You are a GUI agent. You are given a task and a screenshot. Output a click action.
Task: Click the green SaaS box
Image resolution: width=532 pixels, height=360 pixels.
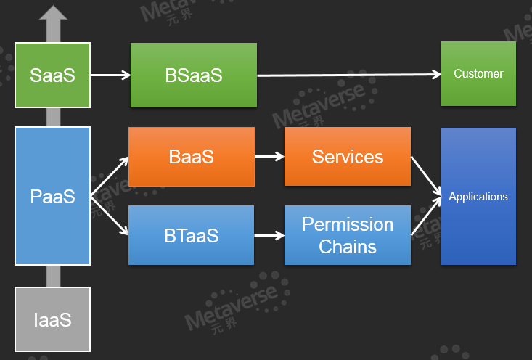52,75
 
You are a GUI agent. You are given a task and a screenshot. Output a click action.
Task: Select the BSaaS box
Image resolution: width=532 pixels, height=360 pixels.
194,75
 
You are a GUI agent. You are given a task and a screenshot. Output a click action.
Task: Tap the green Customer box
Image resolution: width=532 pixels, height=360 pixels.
478,73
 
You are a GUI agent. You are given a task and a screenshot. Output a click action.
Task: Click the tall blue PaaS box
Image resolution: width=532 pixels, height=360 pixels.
52,196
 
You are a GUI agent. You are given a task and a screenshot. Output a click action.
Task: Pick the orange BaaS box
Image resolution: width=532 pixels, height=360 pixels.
192,157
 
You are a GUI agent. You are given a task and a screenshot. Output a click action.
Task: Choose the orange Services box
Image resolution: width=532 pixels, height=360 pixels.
348,157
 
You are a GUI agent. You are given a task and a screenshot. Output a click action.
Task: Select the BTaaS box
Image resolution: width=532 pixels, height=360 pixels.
192,235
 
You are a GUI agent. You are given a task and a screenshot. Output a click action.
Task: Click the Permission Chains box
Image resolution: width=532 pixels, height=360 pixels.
348,235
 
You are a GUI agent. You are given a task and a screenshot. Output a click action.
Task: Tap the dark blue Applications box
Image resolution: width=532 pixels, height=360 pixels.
478,196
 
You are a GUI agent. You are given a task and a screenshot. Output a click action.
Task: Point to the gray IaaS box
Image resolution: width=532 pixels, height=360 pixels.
52,319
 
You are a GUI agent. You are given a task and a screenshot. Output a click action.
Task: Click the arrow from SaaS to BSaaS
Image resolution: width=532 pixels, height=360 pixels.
110,75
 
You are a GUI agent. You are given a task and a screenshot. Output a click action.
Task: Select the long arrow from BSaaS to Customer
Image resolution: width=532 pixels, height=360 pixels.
349,75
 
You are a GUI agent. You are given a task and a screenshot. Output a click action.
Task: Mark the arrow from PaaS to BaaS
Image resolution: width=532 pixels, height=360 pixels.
110,176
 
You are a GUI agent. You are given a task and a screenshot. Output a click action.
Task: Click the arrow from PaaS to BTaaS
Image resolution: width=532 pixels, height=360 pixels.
110,216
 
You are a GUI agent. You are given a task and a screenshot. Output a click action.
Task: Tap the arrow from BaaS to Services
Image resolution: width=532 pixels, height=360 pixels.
269,157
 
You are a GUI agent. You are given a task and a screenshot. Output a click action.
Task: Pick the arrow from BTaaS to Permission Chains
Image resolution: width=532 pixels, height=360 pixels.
269,235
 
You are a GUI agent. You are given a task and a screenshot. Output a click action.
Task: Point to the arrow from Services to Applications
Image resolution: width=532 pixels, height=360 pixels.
426,176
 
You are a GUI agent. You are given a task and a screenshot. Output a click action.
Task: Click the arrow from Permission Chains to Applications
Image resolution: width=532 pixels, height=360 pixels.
426,216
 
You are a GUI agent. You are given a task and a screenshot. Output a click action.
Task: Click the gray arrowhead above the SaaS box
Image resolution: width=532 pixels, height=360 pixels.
53,12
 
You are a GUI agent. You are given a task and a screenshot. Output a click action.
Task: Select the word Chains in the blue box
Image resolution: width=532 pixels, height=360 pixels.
348,246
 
